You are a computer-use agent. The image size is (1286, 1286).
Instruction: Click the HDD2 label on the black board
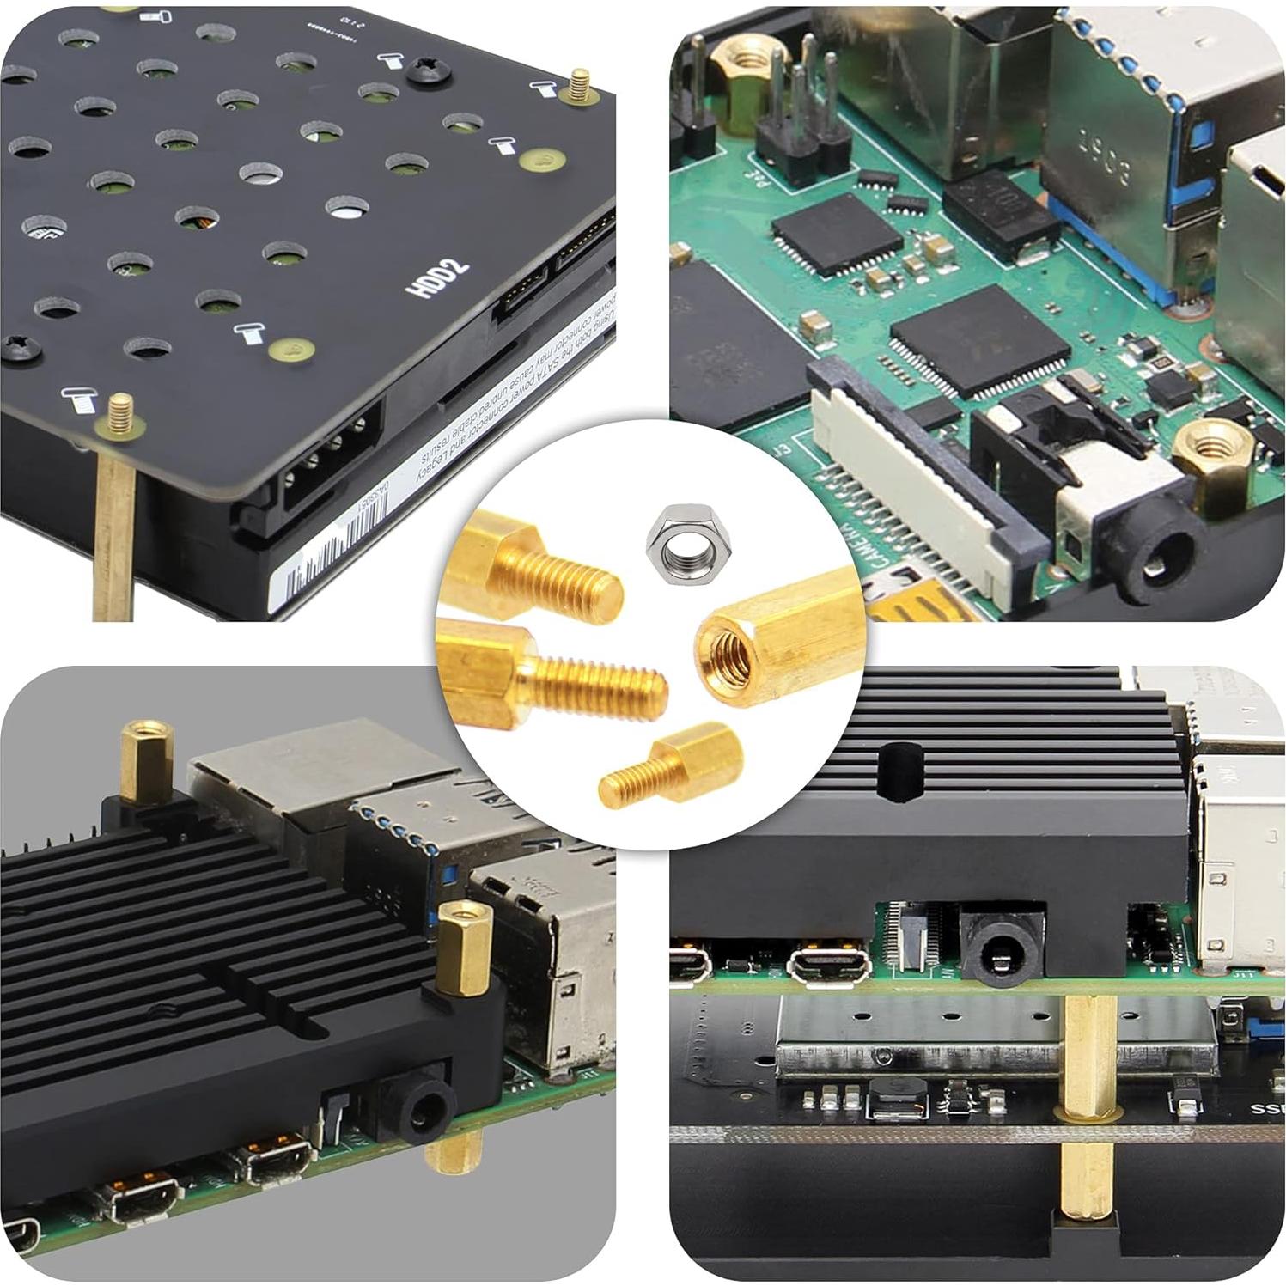pyautogui.click(x=441, y=277)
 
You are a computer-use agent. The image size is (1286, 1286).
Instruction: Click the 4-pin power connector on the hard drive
pyautogui.click(x=331, y=457)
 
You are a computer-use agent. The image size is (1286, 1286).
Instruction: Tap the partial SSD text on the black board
pyautogui.click(x=1267, y=1109)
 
